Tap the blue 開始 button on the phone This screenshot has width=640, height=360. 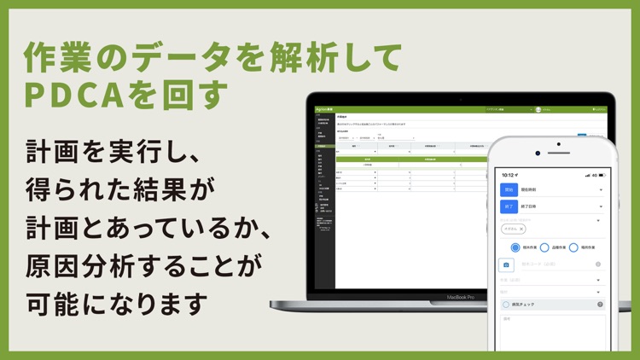click(x=508, y=189)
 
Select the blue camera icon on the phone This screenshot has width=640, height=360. click(x=507, y=264)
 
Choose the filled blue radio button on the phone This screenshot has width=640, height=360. click(x=515, y=247)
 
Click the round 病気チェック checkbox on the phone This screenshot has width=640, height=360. click(x=506, y=304)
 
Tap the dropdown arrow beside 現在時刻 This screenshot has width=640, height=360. click(x=601, y=189)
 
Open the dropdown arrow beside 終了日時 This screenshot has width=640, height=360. click(x=601, y=206)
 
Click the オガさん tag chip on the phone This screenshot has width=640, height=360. click(x=512, y=229)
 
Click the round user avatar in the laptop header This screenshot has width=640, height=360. click(x=538, y=110)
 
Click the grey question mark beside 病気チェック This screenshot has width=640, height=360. click(x=600, y=304)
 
